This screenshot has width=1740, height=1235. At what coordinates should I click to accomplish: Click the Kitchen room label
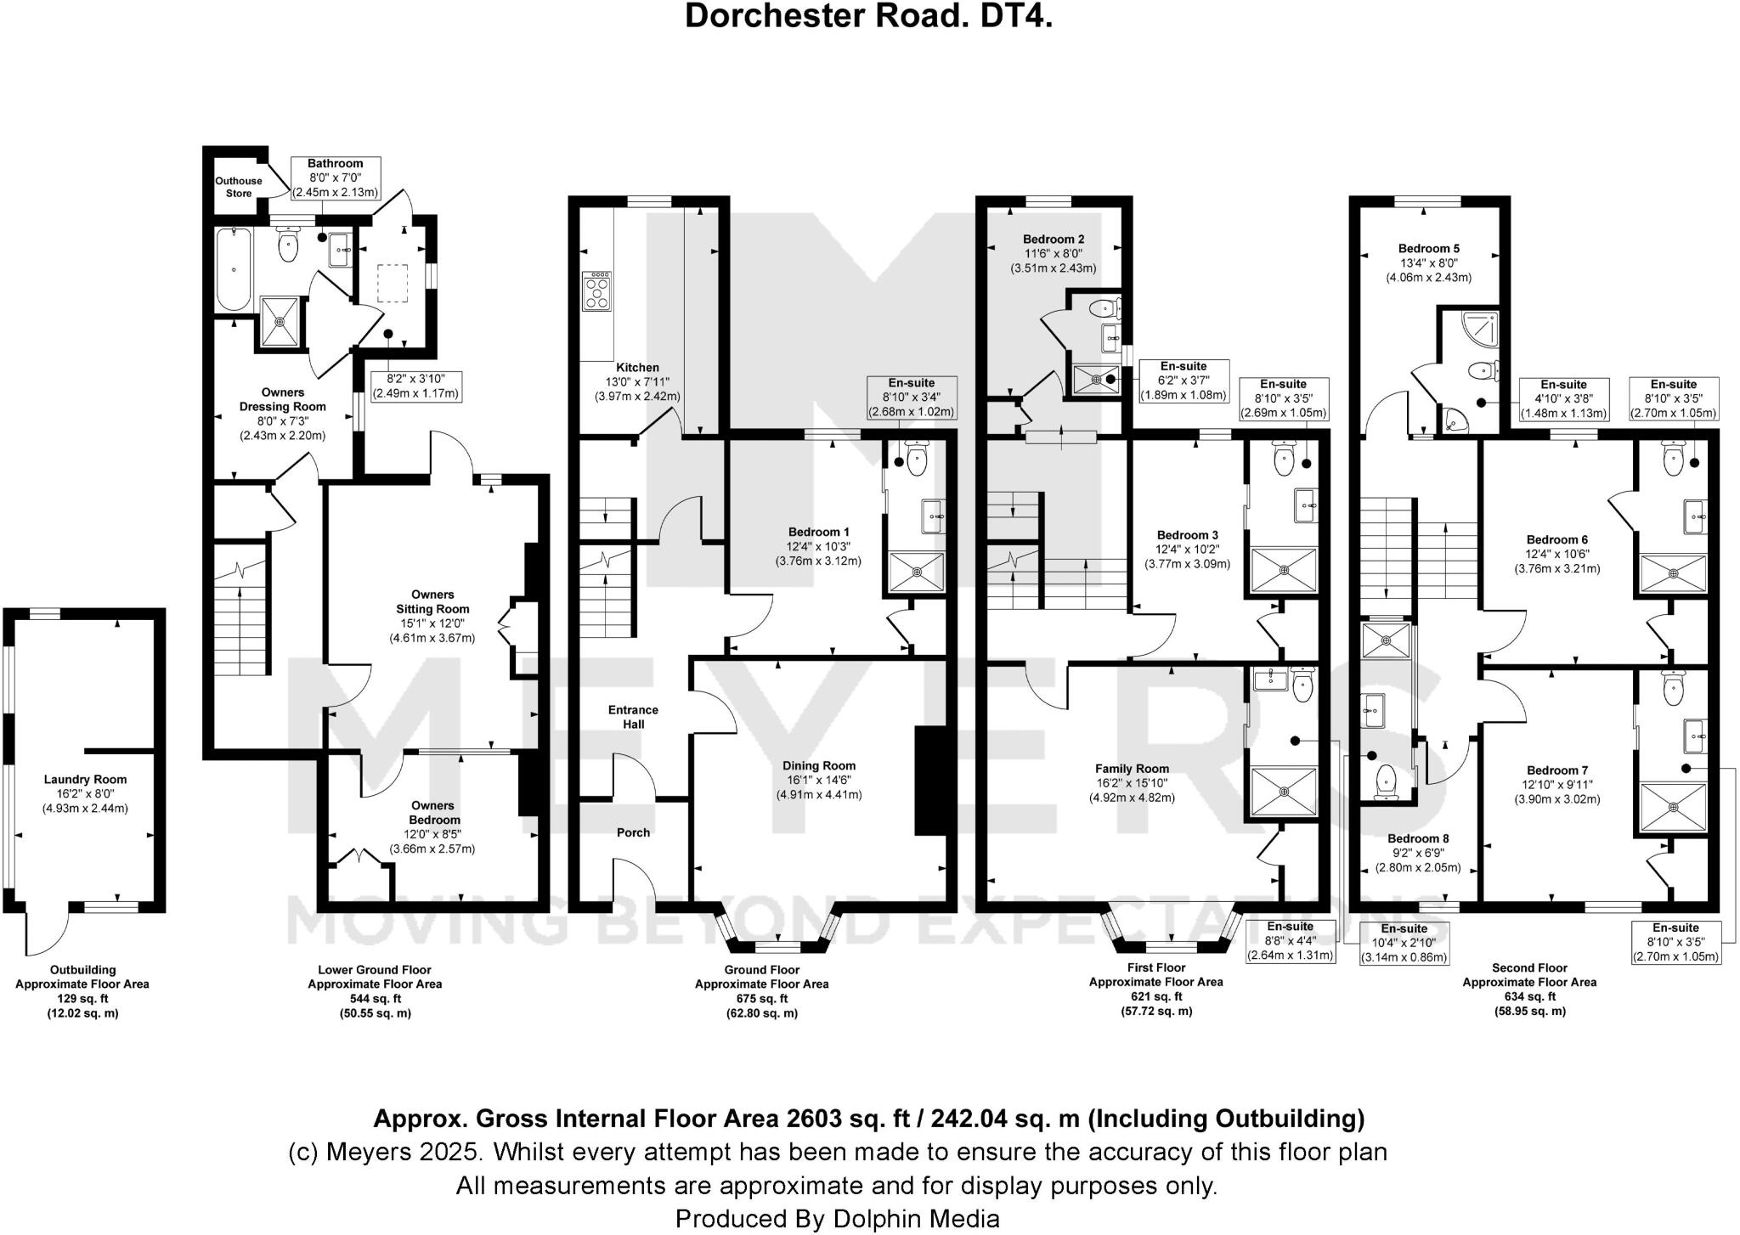(x=637, y=368)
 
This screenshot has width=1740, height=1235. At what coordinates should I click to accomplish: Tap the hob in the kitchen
(x=597, y=291)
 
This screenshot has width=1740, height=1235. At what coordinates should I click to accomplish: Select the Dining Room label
(x=819, y=765)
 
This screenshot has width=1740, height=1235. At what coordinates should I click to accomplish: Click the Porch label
(x=633, y=832)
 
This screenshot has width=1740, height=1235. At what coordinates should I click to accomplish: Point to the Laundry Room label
(x=85, y=779)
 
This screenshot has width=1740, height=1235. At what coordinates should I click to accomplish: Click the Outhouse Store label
(x=238, y=187)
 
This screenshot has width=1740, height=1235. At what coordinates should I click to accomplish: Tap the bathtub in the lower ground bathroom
(x=232, y=269)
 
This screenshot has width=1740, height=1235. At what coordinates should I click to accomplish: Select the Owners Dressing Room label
(x=282, y=399)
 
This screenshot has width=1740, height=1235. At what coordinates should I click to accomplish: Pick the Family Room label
(x=1132, y=769)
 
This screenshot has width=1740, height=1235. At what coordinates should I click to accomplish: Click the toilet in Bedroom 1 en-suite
(x=918, y=460)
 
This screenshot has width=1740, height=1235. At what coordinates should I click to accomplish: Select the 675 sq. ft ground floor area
(x=761, y=998)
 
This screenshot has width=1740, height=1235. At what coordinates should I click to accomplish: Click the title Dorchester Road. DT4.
(x=868, y=16)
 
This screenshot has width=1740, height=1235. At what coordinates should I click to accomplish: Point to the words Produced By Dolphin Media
(x=837, y=1219)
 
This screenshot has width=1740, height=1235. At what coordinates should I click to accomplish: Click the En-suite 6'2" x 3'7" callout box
(x=1184, y=381)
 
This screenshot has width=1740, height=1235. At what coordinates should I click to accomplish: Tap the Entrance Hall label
(x=633, y=717)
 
